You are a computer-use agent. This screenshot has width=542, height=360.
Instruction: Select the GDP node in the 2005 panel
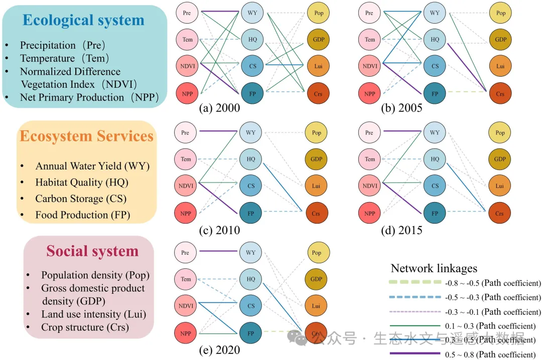tap(500, 40)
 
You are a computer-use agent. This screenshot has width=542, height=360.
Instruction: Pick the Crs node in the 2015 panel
tap(500, 213)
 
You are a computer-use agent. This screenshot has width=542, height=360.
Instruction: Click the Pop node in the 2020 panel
tap(317, 253)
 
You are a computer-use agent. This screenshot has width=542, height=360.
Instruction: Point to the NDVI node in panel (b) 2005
tap(370, 66)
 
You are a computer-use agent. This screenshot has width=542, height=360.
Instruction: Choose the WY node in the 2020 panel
tap(251, 253)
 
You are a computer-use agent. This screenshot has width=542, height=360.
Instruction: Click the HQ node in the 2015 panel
tap(435, 159)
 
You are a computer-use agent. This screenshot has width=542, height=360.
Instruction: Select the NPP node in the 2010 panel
tap(186, 213)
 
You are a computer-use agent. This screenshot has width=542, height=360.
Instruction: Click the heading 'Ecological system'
tap(84, 20)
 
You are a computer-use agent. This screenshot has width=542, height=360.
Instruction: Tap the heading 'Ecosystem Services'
tap(86, 136)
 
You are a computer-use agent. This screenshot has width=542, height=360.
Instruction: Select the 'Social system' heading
tap(92, 251)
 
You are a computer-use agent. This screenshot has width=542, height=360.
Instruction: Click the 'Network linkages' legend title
tap(434, 269)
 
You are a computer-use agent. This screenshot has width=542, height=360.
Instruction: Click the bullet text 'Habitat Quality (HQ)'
tap(81, 183)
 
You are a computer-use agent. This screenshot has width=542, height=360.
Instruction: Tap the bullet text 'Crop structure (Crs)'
tap(85, 327)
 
